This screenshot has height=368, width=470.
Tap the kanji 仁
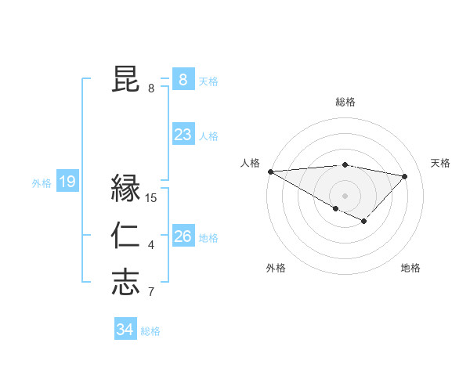125,236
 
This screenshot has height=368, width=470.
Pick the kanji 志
125,283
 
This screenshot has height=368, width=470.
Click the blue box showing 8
183,79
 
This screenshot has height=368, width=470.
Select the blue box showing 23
183,135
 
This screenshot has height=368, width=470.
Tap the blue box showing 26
183,236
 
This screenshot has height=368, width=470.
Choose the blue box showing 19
67,182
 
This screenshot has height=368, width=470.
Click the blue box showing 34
125,330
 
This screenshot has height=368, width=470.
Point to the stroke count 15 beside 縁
151,198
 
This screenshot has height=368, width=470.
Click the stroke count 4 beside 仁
151,246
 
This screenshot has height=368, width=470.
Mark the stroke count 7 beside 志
151,293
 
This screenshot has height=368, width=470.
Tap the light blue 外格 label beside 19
42,183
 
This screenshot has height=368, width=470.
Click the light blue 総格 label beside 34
150,331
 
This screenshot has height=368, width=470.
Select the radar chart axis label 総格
345,102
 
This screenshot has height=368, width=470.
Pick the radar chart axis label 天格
440,163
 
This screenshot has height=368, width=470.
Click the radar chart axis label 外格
276,268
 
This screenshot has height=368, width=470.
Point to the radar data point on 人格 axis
270,171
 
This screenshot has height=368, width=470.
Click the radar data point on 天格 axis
404,176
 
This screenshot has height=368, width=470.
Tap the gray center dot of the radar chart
345,194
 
